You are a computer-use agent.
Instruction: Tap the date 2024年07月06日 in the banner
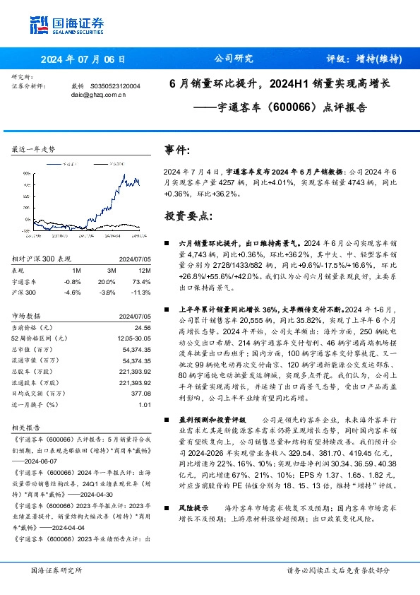pyautogui.click(x=83, y=59)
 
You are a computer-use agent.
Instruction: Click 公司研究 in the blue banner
pyautogui.click(x=234, y=59)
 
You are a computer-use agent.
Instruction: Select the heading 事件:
pyautogui.click(x=176, y=151)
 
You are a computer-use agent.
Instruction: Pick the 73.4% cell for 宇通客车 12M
pyautogui.click(x=144, y=281)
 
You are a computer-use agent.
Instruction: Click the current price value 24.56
pyautogui.click(x=143, y=328)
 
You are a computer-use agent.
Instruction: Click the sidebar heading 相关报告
pyautogui.click(x=25, y=428)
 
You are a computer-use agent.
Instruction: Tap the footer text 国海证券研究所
pyautogui.click(x=56, y=570)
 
